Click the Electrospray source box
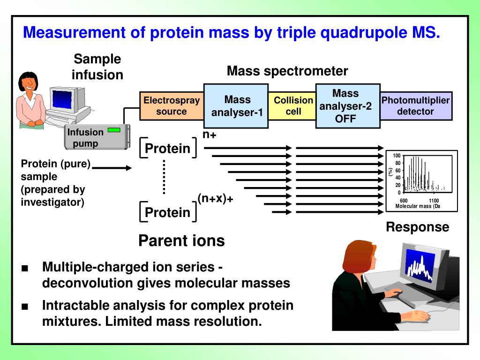click(x=172, y=106)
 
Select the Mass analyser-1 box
click(x=237, y=106)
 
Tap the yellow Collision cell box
click(x=293, y=106)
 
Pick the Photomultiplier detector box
click(x=415, y=106)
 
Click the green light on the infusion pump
click(x=114, y=130)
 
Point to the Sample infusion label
click(x=97, y=67)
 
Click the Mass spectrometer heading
click(x=287, y=71)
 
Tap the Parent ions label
click(x=181, y=241)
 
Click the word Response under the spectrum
click(x=417, y=227)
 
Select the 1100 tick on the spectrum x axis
click(x=434, y=201)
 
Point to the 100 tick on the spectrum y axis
click(x=397, y=156)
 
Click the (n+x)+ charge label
click(x=215, y=199)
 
